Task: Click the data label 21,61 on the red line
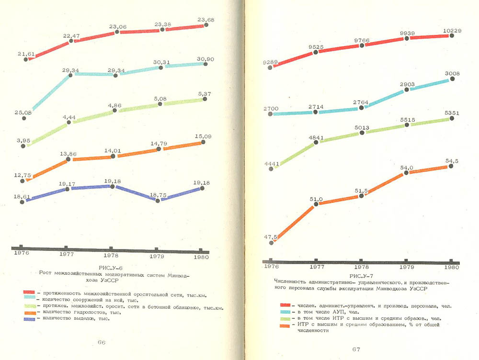pyautogui.click(x=26, y=54)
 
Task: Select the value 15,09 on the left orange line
pyautogui.click(x=203, y=136)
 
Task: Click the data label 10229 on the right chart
pyautogui.click(x=452, y=31)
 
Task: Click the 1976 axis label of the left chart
pyautogui.click(x=22, y=252)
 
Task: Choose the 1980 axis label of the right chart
pyautogui.click(x=451, y=267)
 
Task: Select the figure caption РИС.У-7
pyautogui.click(x=362, y=276)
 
